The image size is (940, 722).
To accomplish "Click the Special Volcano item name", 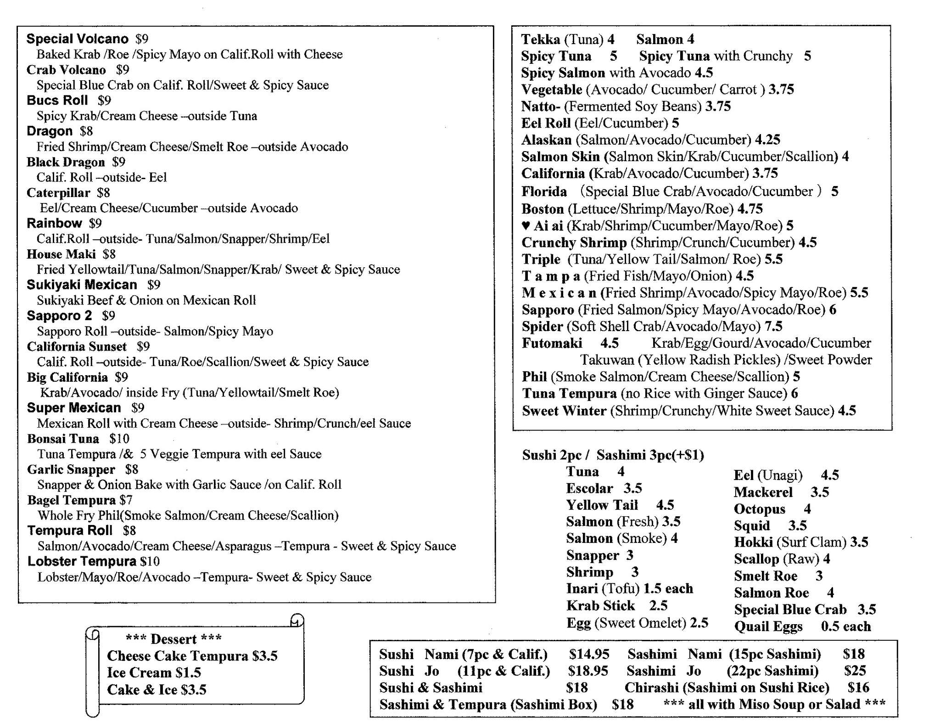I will pyautogui.click(x=77, y=39).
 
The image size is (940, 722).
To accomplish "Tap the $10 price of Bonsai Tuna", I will pyautogui.click(x=119, y=439).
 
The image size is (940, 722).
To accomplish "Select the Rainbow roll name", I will pyautogui.click(x=54, y=223).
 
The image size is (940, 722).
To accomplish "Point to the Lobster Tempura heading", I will pyautogui.click(x=82, y=561).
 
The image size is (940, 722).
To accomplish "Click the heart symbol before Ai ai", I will pyautogui.click(x=526, y=226).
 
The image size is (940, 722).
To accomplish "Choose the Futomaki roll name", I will pyautogui.click(x=552, y=343).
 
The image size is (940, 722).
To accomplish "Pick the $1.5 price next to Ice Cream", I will pyautogui.click(x=188, y=673).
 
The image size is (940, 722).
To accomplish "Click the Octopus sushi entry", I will pyautogui.click(x=760, y=509).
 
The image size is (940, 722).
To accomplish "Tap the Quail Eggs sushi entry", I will pyautogui.click(x=768, y=626).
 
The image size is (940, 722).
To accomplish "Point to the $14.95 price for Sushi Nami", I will pyautogui.click(x=589, y=654).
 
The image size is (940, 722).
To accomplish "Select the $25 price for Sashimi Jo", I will pyautogui.click(x=855, y=671).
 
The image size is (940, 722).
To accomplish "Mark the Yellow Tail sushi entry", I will pyautogui.click(x=602, y=505).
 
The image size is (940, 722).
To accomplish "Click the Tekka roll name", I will pyautogui.click(x=540, y=39).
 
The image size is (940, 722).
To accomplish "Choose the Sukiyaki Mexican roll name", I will pyautogui.click(x=82, y=285).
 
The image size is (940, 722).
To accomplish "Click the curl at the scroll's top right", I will pyautogui.click(x=297, y=620).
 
